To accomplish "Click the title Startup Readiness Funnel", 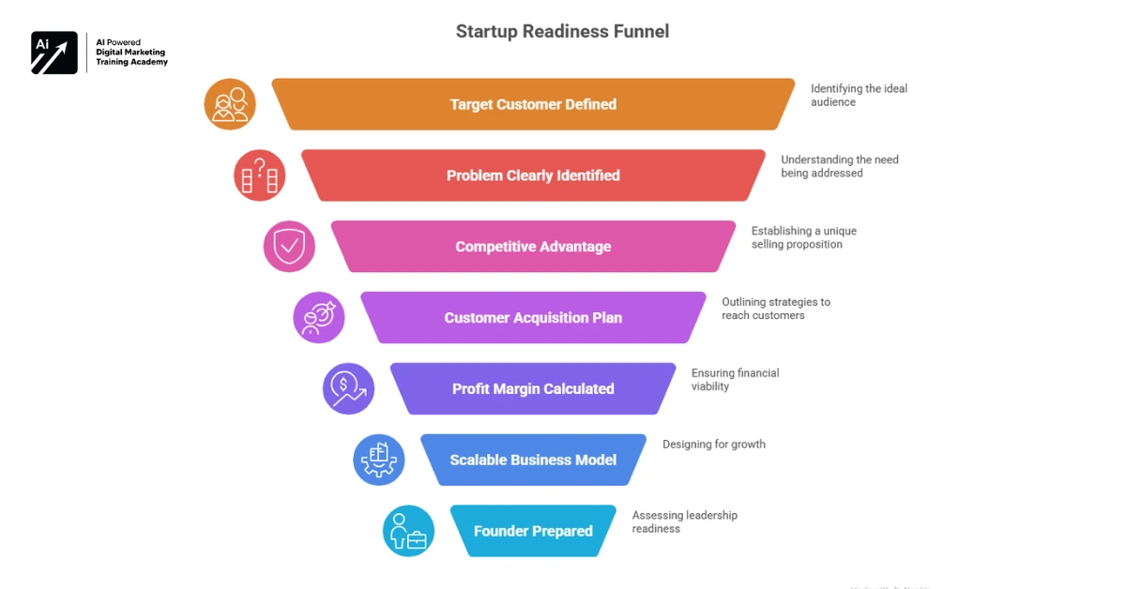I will coord(562,31).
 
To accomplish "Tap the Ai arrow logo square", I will coord(54,53).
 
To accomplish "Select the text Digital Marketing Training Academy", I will coord(132,57).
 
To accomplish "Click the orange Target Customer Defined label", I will coord(533,104).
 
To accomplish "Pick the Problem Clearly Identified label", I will coord(533,175).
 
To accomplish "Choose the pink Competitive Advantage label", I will coord(533,247).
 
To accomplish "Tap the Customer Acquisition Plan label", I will coord(533,318).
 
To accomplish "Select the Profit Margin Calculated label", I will coord(533,389).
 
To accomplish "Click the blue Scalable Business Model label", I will coord(533,460).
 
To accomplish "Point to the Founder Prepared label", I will coord(533,531).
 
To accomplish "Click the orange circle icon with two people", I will coord(230,104).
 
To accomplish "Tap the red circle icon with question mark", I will coord(260,175).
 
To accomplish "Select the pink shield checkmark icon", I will coord(289,247).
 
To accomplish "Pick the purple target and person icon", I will coord(319,318).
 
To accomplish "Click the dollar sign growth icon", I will coord(349,389).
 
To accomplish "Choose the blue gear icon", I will coord(379,460).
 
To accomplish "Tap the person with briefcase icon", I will coord(408,531).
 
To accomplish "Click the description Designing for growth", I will coord(714,445).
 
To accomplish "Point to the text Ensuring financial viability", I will coord(736,380).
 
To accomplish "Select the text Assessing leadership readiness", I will coord(685,522).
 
